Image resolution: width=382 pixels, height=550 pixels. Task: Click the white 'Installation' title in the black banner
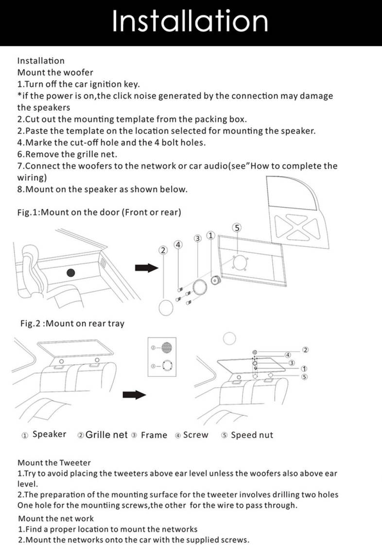click(190, 21)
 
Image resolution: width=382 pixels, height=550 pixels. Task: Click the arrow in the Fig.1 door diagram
click(147, 268)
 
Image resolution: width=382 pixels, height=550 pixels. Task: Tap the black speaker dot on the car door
click(72, 273)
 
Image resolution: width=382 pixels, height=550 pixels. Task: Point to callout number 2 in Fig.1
click(163, 250)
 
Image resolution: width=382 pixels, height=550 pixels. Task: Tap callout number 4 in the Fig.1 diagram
click(178, 244)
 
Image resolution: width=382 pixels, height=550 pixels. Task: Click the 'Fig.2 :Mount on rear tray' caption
click(72, 323)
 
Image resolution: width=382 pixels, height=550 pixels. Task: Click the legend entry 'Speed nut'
click(251, 435)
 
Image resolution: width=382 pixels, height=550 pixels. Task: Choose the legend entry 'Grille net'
click(106, 435)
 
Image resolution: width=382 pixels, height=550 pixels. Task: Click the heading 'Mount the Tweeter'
click(54, 462)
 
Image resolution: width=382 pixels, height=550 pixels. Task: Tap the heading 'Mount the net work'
click(56, 518)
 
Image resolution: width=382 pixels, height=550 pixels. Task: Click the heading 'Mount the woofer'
click(55, 72)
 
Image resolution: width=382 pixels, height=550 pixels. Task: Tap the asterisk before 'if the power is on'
click(19, 96)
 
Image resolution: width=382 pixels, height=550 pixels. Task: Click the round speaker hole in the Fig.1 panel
click(238, 263)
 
